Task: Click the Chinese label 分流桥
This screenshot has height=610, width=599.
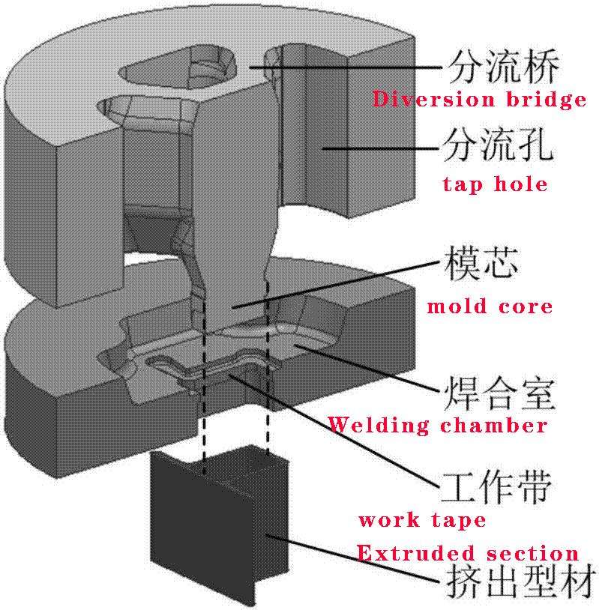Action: (504, 67)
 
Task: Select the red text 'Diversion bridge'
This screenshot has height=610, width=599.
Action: (479, 100)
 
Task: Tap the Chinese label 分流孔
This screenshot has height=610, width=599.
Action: (499, 145)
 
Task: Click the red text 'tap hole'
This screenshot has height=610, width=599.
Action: (495, 184)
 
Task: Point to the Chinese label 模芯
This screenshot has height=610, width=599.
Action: (481, 263)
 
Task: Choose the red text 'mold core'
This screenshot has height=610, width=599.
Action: (490, 306)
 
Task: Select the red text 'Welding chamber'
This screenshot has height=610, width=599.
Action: (438, 425)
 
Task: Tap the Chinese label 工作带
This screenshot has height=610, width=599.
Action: (496, 487)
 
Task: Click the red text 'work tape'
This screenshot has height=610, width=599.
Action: (422, 520)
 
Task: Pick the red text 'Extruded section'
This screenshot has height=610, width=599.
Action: (468, 553)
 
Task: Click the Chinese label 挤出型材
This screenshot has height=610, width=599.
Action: (520, 582)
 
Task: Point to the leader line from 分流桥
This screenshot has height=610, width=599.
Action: (346, 67)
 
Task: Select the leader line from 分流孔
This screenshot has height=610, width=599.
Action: (380, 148)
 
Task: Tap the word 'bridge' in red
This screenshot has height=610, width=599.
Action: (546, 100)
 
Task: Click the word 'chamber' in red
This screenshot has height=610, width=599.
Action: (494, 425)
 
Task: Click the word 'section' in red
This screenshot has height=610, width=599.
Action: (532, 553)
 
